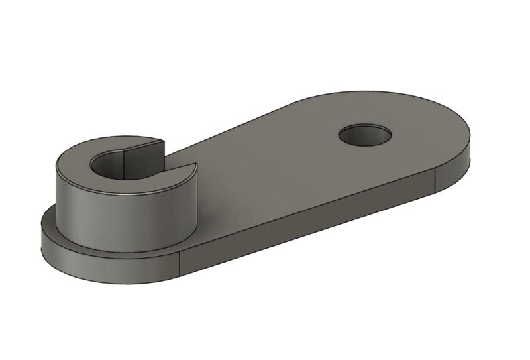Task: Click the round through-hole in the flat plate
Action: tap(364, 135)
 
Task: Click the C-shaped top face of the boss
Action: tap(79, 159)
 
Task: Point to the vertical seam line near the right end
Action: tap(435, 181)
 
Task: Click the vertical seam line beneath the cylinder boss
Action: tap(180, 265)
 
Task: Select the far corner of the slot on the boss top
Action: tap(164, 140)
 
